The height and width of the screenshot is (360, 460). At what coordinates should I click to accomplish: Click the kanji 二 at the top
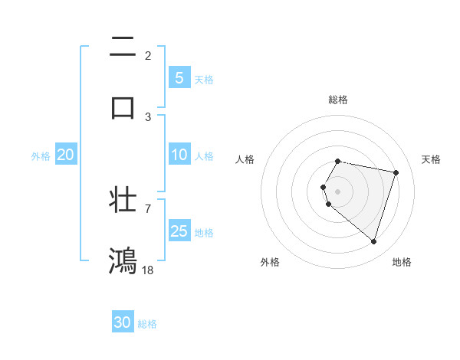tap(123, 47)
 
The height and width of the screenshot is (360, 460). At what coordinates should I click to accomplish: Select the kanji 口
tap(123, 106)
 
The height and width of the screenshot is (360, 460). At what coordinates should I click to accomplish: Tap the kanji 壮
tap(123, 198)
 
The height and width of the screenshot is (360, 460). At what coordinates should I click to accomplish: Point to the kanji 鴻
tap(123, 260)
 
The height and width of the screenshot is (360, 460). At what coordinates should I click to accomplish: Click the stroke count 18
tap(148, 270)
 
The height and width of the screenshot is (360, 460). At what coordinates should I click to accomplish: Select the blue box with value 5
tap(179, 77)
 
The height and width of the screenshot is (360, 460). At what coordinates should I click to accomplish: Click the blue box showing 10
tap(179, 155)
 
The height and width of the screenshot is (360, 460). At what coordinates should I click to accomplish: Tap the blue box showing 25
tap(179, 231)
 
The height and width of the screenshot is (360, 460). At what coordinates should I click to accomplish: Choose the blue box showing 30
tap(123, 322)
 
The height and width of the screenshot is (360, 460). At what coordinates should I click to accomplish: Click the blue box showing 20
tap(65, 155)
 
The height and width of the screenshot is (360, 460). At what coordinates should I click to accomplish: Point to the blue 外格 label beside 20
tap(41, 155)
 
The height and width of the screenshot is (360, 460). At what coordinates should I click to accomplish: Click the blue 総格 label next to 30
tap(147, 324)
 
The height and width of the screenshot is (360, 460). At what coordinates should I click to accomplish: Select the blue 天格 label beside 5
tap(204, 79)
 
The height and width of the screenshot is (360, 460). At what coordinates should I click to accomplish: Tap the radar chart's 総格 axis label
tap(338, 100)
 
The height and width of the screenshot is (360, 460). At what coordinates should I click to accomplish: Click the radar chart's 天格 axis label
tap(432, 159)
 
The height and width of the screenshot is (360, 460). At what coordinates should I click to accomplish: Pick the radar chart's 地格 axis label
tap(402, 262)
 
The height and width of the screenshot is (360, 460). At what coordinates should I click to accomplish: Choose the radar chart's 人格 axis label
tap(245, 159)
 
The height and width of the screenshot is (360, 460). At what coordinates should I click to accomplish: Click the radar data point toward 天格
tap(396, 172)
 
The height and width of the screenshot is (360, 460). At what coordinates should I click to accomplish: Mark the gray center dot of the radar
tap(338, 191)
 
